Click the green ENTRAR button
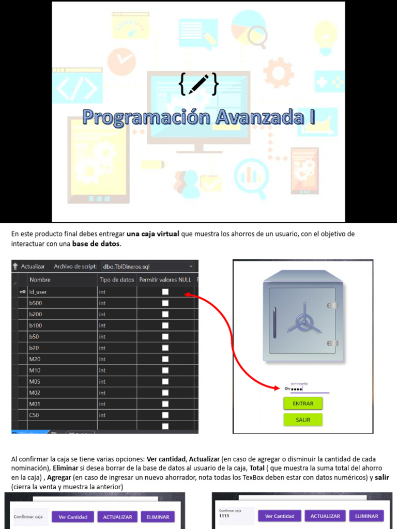coord(303,403)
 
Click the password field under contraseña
coord(309,389)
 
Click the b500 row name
coord(36,303)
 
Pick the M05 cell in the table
coord(35,382)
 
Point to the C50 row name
coord(34,415)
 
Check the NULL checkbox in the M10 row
coord(165,370)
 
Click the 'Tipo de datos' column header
coord(116,279)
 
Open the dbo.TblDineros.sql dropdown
coord(191,267)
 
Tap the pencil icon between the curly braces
coord(199,84)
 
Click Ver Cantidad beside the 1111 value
coord(280,516)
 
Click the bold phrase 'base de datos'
coord(96,243)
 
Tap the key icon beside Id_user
coord(22,292)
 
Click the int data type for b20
coord(102,348)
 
